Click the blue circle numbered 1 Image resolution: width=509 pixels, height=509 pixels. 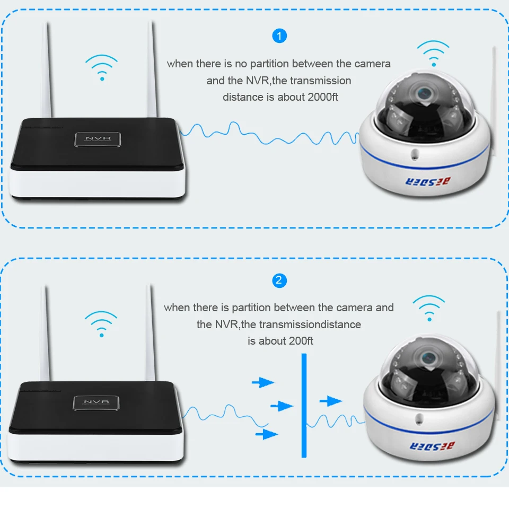[x=279, y=36]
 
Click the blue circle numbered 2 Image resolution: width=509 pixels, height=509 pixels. [x=279, y=280]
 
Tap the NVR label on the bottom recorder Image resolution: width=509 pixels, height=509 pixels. [x=96, y=402]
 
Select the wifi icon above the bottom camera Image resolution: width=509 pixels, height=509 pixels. [x=429, y=308]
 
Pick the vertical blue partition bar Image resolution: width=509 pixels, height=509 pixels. [x=304, y=406]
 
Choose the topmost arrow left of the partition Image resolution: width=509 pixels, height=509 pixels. [x=262, y=382]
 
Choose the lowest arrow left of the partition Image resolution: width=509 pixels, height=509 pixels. [x=267, y=435]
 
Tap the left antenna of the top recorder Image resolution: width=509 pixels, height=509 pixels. [x=46, y=69]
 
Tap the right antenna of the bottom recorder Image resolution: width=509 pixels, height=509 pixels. [x=151, y=334]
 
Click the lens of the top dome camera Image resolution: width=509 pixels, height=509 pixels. [x=424, y=93]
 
